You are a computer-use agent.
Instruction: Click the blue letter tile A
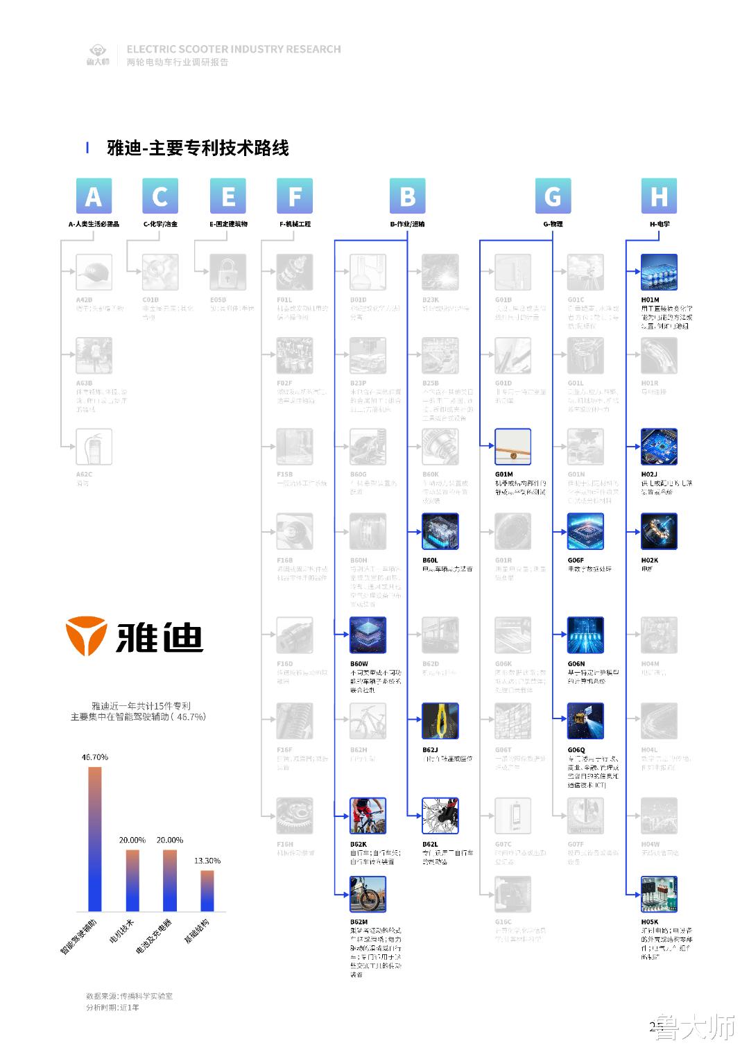click(x=94, y=196)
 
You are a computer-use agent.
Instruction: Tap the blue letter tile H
click(x=659, y=196)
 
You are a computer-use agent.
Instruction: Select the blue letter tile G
click(x=553, y=196)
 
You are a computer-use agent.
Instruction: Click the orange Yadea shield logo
click(x=87, y=635)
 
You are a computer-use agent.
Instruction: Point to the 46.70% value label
click(x=95, y=757)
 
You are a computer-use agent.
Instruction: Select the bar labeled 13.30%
click(x=207, y=890)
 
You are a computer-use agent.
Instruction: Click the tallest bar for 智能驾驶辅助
click(x=95, y=838)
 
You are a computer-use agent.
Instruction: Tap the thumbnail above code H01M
click(x=659, y=272)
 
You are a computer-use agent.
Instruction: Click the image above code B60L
click(x=440, y=531)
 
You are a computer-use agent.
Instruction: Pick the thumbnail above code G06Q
click(x=585, y=721)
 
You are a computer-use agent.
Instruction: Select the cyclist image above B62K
click(x=368, y=816)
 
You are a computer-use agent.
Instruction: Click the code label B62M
click(x=359, y=922)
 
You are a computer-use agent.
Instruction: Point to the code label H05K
click(x=650, y=922)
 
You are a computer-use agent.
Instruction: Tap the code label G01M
click(x=504, y=474)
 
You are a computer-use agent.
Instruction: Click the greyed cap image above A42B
click(x=94, y=272)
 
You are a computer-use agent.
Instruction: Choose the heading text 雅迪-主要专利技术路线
click(x=198, y=148)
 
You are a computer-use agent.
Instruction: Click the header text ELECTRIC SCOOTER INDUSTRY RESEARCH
click(x=234, y=49)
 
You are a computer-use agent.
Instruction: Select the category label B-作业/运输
click(x=407, y=224)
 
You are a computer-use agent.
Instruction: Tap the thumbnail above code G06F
click(x=585, y=531)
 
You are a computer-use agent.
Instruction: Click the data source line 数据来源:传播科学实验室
click(x=129, y=996)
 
